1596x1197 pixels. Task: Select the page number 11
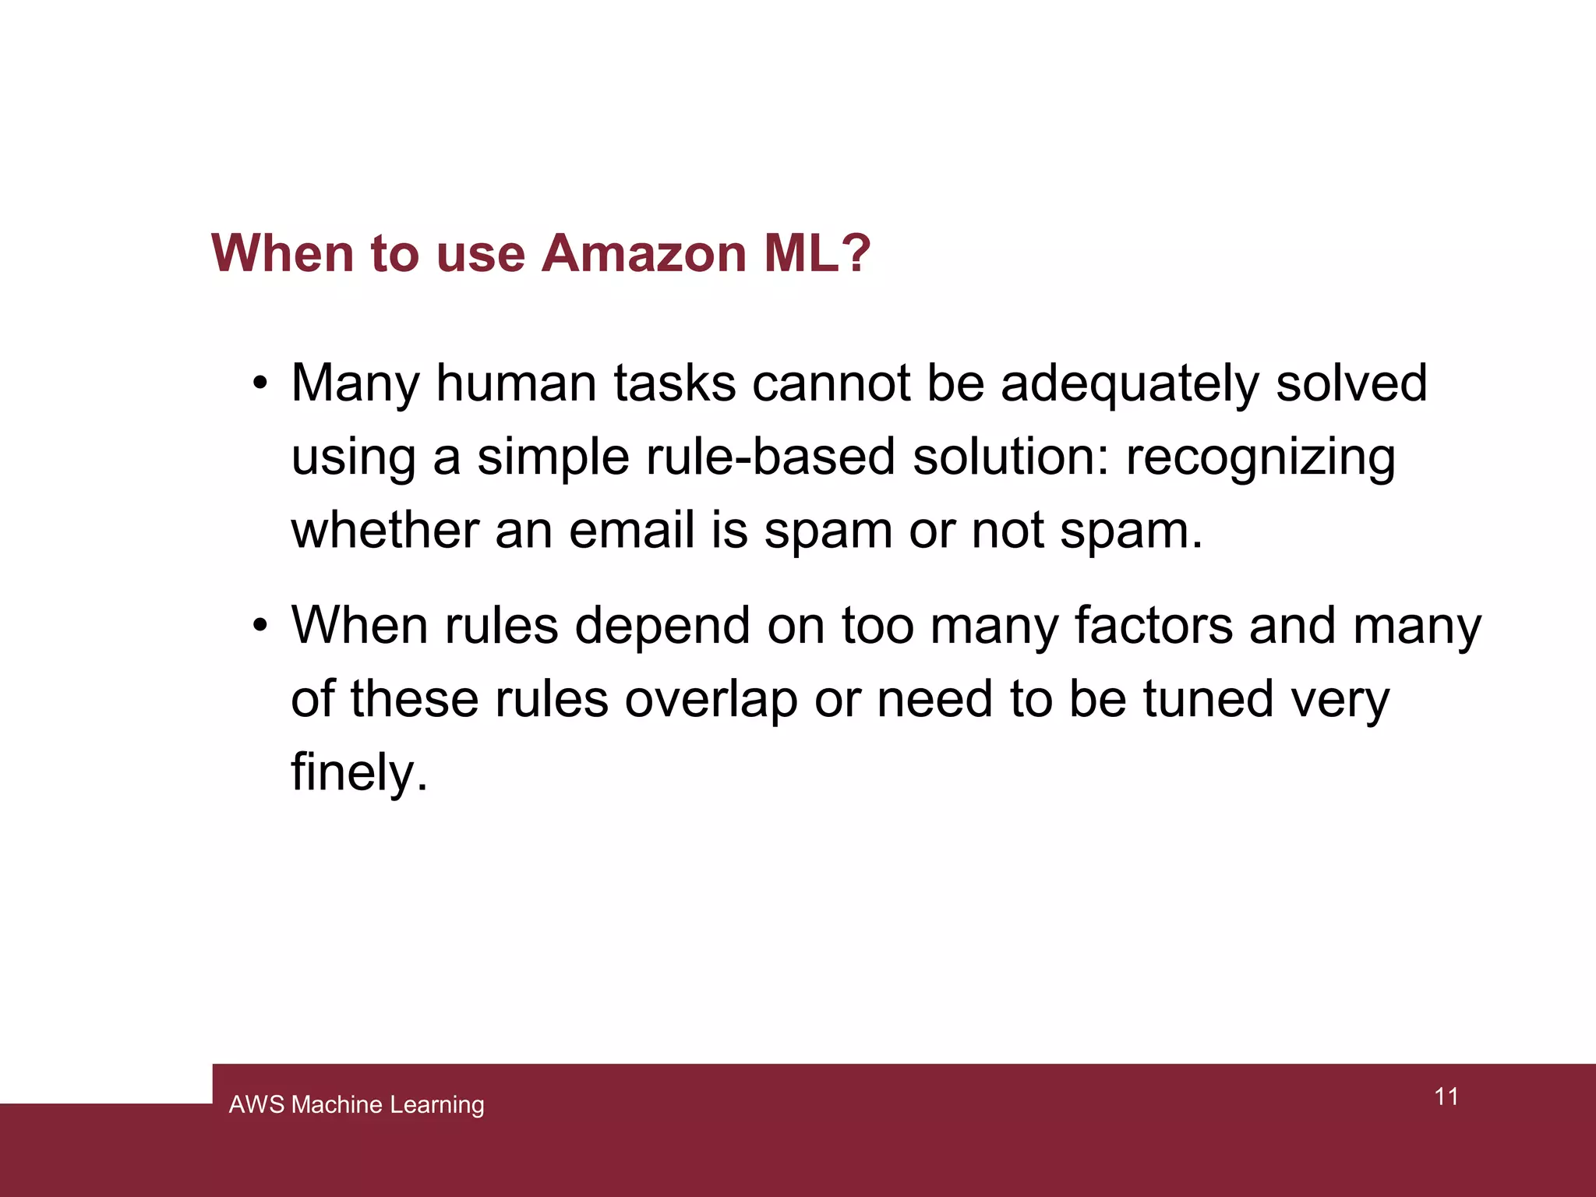1446,1096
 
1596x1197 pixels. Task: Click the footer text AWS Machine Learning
356,1104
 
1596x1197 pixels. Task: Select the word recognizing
1260,457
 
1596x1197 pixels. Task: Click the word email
631,530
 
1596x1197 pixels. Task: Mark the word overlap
711,699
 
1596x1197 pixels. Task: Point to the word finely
359,772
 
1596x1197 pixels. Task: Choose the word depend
662,627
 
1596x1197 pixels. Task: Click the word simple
553,457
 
